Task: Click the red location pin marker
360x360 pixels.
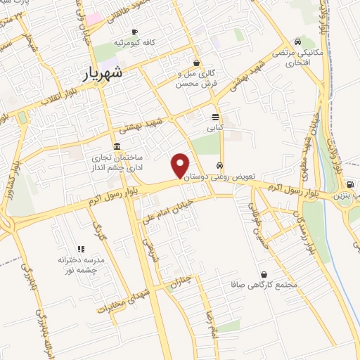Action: pos(181,165)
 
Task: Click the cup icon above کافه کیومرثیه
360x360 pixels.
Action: pos(134,32)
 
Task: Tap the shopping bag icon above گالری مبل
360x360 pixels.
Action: pos(196,63)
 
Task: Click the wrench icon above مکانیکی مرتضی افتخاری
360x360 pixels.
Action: pos(298,41)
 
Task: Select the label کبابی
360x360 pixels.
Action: pos(214,129)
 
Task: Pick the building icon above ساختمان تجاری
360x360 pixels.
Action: pos(116,145)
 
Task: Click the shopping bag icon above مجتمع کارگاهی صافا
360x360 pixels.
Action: pos(263,274)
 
